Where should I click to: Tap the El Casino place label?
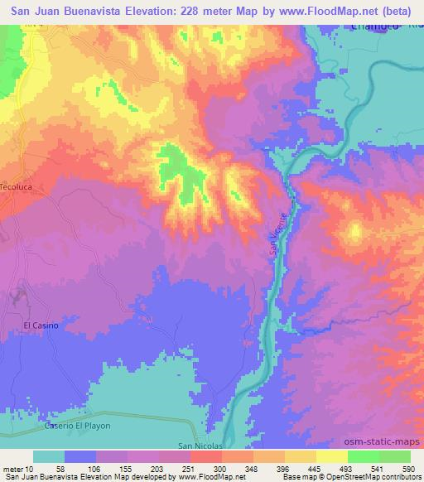41,325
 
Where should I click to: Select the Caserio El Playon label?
77,425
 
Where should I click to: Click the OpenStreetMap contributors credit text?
373,478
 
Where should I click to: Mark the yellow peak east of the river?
354,232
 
